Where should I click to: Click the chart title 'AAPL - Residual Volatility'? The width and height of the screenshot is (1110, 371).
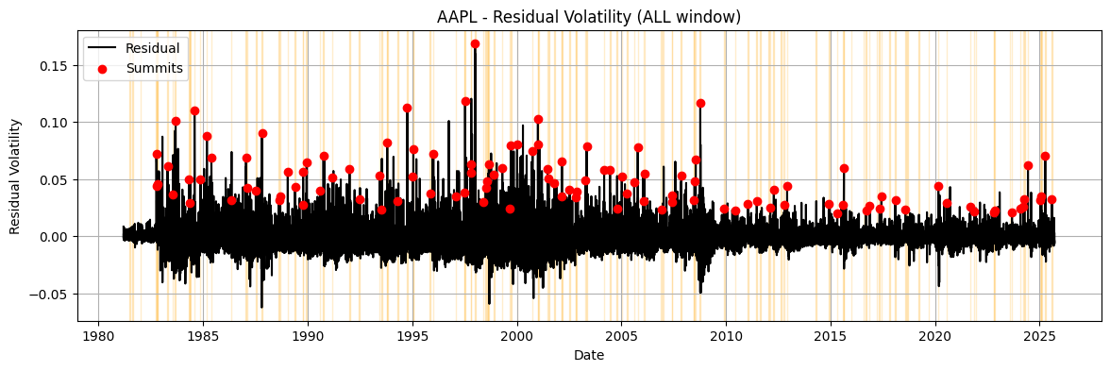coord(589,16)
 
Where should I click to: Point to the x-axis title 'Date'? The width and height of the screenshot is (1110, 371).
coord(589,356)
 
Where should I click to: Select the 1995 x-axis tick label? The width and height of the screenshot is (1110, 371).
coord(412,337)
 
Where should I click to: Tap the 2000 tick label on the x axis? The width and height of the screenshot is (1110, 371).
coord(516,337)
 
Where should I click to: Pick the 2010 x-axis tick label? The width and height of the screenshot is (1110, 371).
coord(726,337)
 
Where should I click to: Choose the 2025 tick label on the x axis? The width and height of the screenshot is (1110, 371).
coord(1039,337)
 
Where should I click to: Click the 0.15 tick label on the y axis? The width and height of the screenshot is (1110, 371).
coord(53,66)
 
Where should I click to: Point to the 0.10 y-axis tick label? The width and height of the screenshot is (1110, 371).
coord(53,123)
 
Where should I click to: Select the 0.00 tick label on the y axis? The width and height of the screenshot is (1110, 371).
coord(53,237)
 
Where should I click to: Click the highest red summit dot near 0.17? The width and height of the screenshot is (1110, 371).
coord(475,43)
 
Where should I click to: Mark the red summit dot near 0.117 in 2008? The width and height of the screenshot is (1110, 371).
coord(700,103)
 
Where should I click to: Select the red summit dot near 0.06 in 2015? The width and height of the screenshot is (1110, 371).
coord(844,168)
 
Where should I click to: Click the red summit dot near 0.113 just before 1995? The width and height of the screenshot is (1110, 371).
coord(407,108)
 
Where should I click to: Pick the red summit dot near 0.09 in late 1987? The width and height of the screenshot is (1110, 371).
coord(262,133)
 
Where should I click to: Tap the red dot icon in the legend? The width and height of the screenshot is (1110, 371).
coord(102,68)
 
